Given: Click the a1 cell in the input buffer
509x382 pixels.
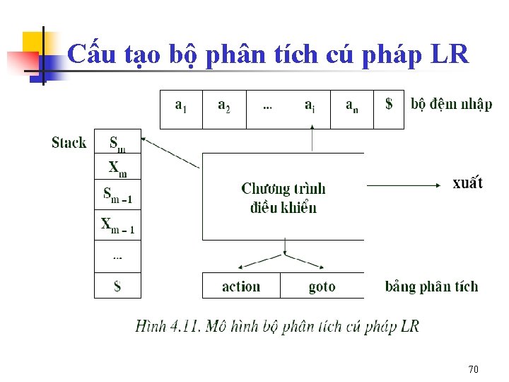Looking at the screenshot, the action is [x=181, y=108].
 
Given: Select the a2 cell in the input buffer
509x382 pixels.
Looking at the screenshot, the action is [x=223, y=108].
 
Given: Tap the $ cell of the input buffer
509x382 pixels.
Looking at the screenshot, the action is [x=389, y=108].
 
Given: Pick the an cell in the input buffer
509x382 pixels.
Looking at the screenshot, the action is [x=351, y=108].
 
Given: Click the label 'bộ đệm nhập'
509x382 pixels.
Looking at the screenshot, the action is [x=451, y=105].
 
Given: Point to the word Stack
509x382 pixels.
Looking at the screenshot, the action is [x=69, y=143].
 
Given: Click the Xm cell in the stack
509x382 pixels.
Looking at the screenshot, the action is [x=117, y=168].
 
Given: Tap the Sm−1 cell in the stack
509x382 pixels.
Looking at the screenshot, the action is [x=117, y=195].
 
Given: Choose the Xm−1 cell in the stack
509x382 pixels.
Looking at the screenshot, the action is [x=117, y=225].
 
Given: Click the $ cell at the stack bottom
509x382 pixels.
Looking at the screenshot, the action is [x=117, y=286].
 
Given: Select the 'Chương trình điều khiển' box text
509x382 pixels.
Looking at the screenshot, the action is [x=283, y=197].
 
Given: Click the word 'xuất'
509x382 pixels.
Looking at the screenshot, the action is [x=467, y=183].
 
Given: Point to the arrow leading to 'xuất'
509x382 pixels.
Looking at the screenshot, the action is [x=403, y=185].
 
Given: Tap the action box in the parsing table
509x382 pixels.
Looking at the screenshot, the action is [x=241, y=286].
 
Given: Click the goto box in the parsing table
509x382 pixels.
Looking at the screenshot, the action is [x=322, y=286].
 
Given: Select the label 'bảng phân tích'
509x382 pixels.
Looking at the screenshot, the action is [x=431, y=286].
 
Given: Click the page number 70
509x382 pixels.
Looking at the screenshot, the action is [x=474, y=369].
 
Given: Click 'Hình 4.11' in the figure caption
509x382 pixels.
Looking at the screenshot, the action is [x=162, y=326].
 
